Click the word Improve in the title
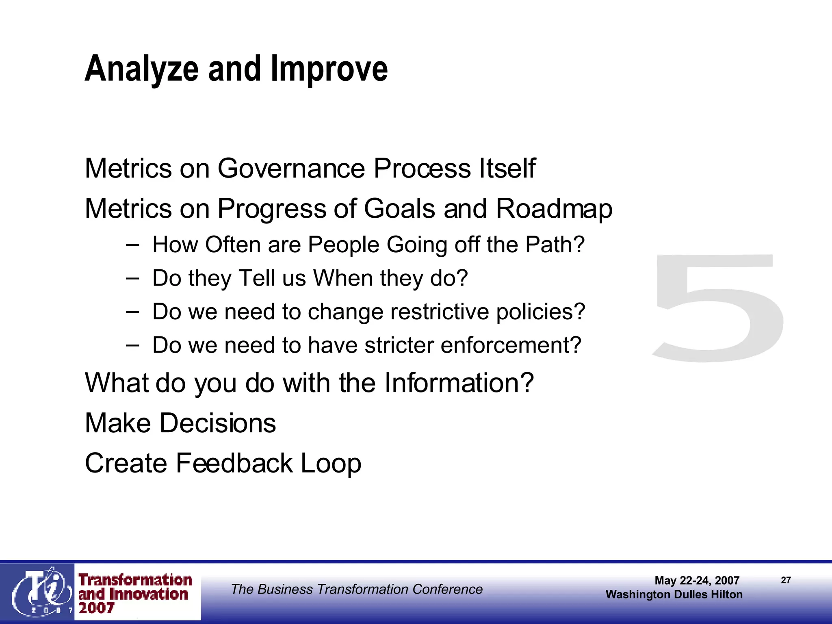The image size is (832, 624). coord(329,69)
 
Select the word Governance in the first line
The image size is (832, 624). coord(291,168)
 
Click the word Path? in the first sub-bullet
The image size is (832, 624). coord(555,245)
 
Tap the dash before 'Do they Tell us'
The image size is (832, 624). coord(132,279)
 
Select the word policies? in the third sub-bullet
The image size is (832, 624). coord(540,312)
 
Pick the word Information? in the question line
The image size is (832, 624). coord(459,383)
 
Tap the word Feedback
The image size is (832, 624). coord(234,463)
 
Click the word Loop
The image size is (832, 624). coord(331,464)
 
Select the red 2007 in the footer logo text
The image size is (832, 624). coord(96,608)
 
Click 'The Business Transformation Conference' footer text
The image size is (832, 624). coord(356,589)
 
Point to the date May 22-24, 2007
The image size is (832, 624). coord(697,580)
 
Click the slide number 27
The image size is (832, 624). coord(786,580)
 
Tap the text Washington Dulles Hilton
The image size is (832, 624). coord(674,594)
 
